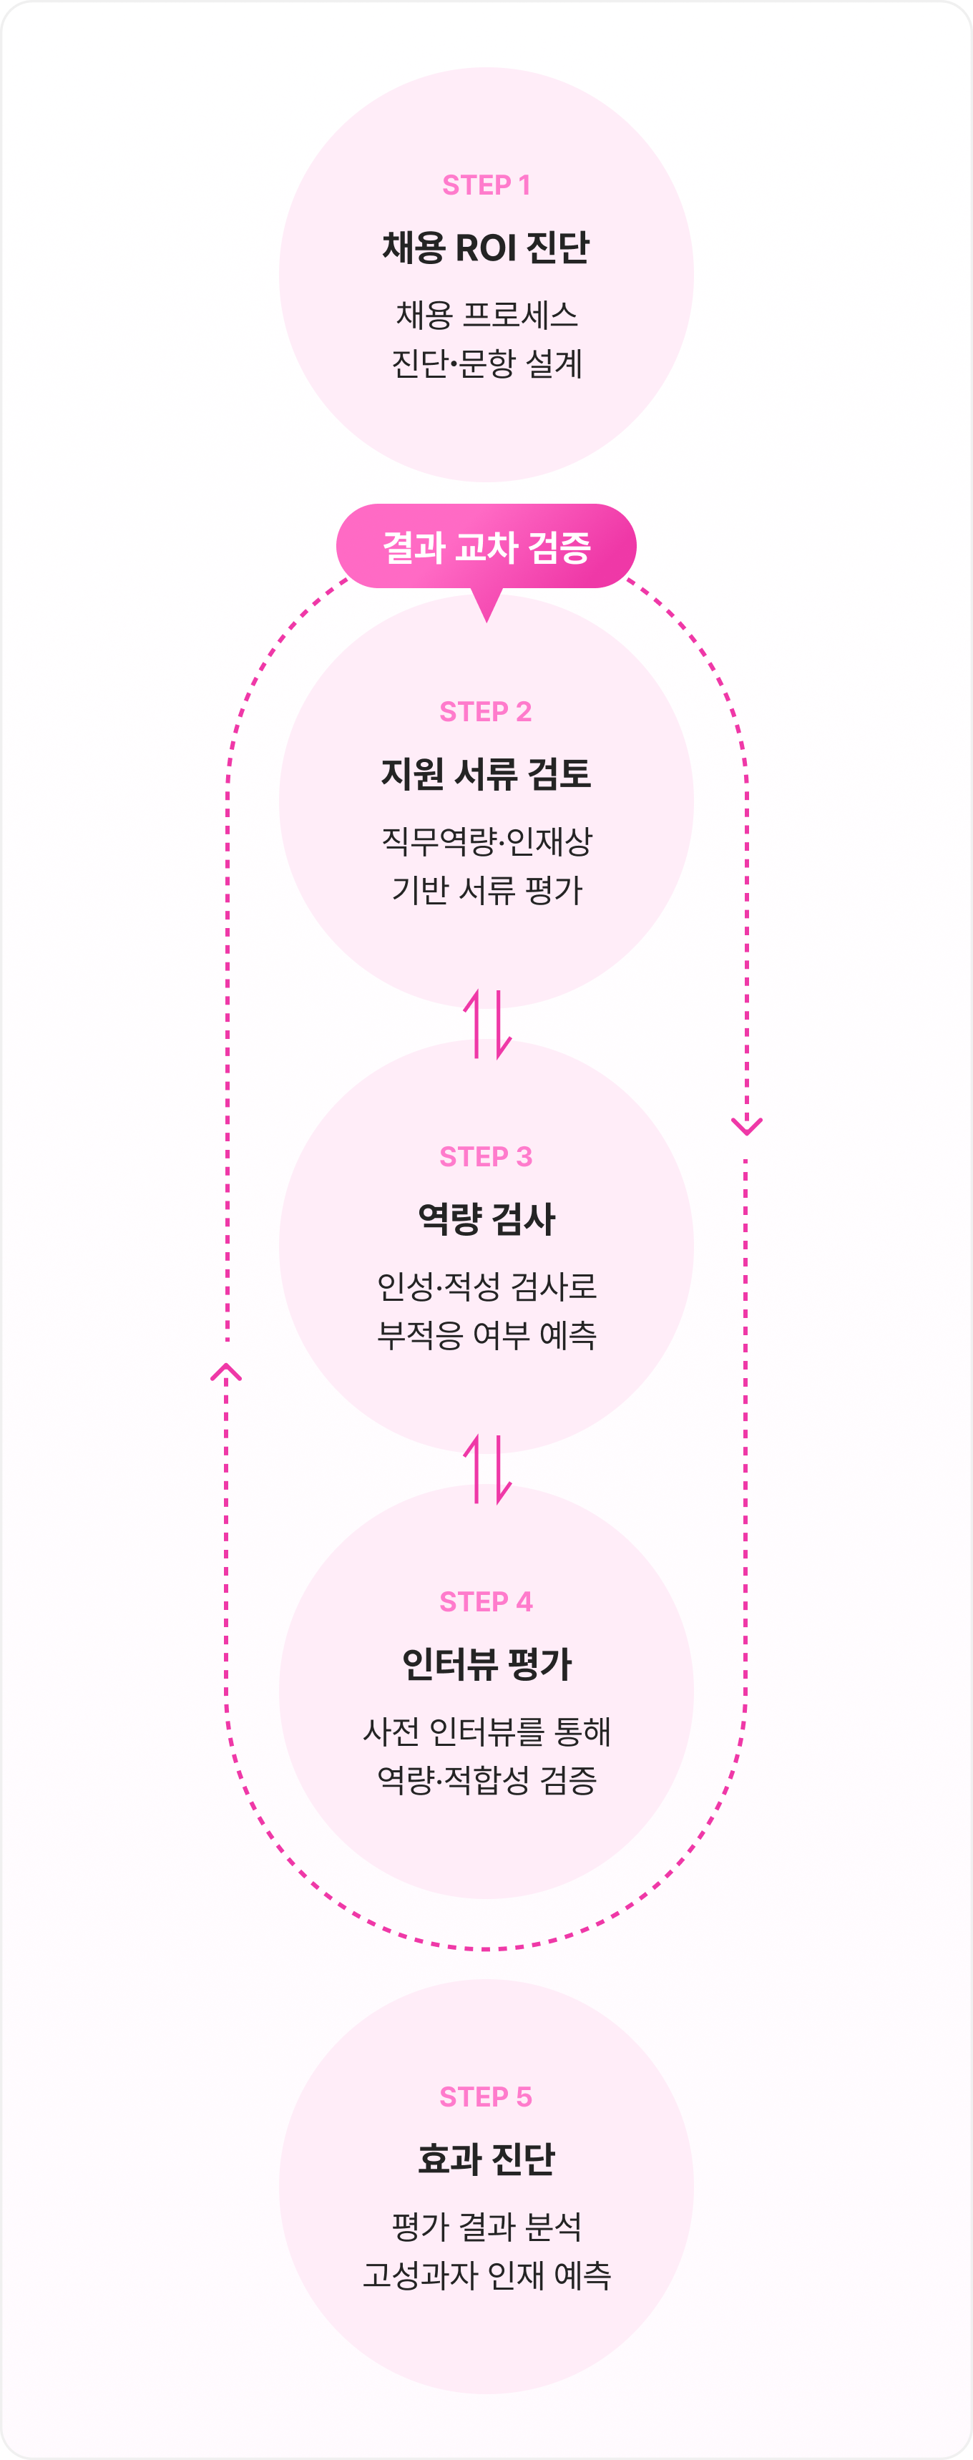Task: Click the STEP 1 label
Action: pos(486,185)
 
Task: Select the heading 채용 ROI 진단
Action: pos(486,248)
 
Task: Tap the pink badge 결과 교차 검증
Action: pos(486,546)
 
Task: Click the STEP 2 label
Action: pos(486,711)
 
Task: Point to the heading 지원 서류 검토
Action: pos(486,773)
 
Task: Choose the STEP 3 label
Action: pos(486,1156)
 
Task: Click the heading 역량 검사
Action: pos(486,1219)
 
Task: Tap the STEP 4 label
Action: pos(486,1601)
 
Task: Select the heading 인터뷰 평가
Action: pos(486,1664)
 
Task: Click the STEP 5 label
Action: pos(486,2097)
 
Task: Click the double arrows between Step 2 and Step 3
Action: pos(487,1025)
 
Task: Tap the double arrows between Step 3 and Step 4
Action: pos(487,1470)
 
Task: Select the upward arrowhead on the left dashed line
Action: pos(226,1372)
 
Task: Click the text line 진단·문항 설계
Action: pos(486,363)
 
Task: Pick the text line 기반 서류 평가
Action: pos(486,890)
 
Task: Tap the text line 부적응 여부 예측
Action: pos(486,1335)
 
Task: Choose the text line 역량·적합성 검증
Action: pos(486,1780)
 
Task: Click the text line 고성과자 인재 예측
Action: pos(486,2275)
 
